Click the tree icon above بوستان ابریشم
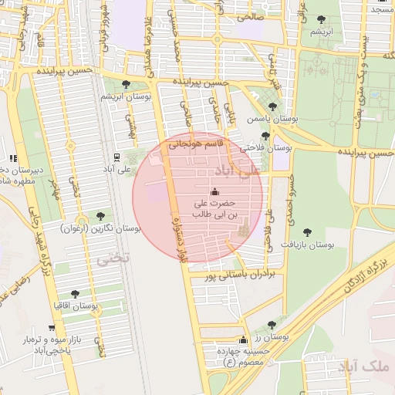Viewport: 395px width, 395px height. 126,84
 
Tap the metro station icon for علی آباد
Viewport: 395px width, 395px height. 116,155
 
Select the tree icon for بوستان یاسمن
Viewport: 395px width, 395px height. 272,106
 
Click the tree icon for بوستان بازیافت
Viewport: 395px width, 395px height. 308,231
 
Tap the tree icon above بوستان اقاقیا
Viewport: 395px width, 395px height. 75,294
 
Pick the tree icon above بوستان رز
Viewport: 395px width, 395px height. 270,325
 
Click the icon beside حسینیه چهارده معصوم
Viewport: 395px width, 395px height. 244,340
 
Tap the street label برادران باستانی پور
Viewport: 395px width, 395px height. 238,274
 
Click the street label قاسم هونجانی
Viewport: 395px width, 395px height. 196,143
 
